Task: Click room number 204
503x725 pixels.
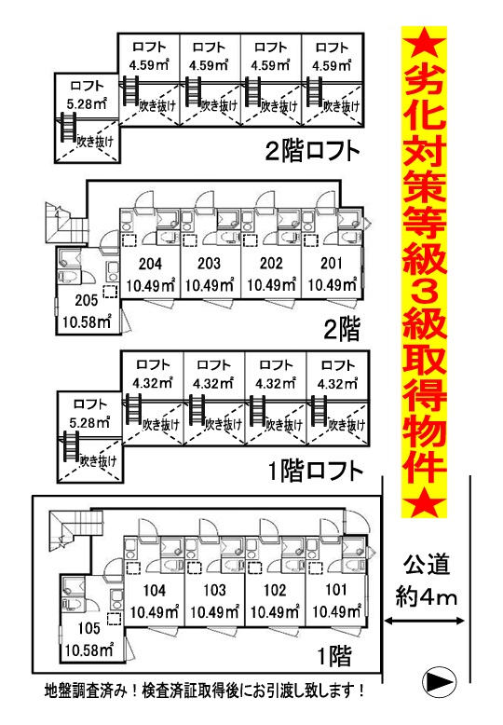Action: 150,264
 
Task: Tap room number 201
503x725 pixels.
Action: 332,264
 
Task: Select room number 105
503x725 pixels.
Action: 88,628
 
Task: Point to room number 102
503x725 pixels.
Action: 275,591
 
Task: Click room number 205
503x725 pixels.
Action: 87,300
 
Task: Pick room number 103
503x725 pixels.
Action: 214,591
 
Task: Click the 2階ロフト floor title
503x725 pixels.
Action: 313,151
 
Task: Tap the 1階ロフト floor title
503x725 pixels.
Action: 316,472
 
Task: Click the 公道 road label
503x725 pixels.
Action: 427,565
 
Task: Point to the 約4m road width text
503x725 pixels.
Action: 427,597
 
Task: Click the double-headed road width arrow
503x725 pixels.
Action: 425,622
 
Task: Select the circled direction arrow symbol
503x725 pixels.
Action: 440,680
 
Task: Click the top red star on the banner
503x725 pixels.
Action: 424,45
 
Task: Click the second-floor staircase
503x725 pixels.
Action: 67,224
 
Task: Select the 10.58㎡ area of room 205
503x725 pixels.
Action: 87,321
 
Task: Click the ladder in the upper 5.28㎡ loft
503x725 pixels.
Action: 67,126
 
